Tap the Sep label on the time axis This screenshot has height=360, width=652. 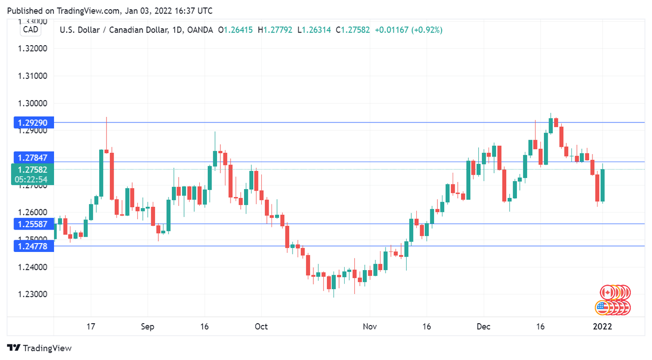coord(148,326)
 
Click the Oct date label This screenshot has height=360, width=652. coord(261,326)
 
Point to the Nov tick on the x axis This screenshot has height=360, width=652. coord(370,326)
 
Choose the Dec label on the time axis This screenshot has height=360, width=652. coord(483,326)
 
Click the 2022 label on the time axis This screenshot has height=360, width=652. coord(603,326)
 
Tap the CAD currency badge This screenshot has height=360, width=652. coord(31,30)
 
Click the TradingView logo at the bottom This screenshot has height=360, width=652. coord(40,348)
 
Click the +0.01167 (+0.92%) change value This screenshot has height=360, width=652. coord(408,30)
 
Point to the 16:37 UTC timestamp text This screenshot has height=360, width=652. coord(198,10)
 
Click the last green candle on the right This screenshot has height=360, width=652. coord(603,185)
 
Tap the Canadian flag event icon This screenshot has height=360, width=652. coord(607,292)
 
